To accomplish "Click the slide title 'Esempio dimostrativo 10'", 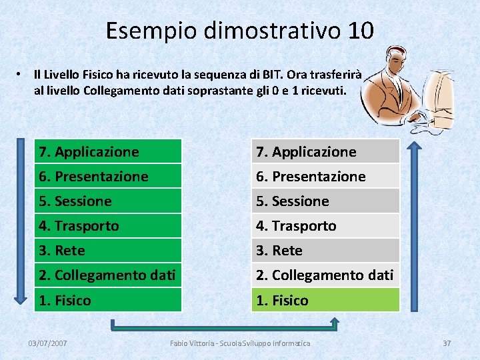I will [239, 30].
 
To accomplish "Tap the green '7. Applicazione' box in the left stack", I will [107, 151].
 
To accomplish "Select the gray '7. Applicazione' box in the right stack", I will [325, 151].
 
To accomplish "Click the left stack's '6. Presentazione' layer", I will [107, 176].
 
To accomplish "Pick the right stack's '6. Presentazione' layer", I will [325, 176].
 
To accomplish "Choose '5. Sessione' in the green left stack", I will [107, 201].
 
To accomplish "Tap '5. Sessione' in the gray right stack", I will [325, 201].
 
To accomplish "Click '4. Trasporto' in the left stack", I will [107, 225].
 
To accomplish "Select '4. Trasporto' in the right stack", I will [325, 225].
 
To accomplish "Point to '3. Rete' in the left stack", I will [107, 250].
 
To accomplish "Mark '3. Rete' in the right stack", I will [325, 250].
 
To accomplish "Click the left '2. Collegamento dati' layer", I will [107, 275].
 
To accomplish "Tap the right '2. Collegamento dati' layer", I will [325, 275].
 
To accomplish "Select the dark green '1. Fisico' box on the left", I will [107, 300].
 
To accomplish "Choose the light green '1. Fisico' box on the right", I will [325, 300].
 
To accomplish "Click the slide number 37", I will [447, 343].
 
